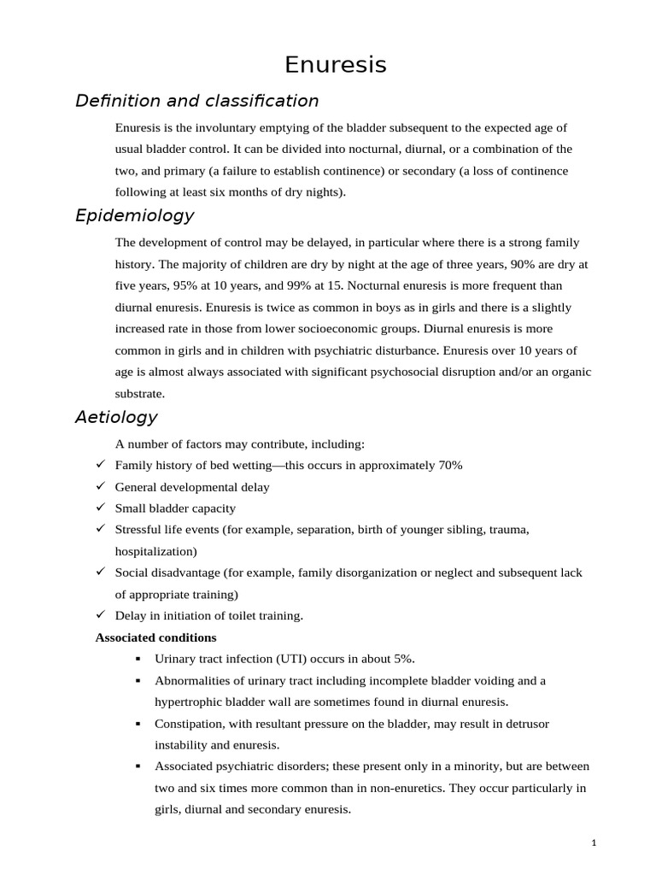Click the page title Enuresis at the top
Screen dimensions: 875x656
[335, 65]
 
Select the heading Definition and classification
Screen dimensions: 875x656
[196, 101]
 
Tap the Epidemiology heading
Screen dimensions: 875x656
[134, 215]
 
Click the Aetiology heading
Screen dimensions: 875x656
[116, 417]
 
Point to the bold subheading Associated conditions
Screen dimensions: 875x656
[155, 637]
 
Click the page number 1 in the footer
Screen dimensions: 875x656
[594, 843]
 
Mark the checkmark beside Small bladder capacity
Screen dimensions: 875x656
[100, 508]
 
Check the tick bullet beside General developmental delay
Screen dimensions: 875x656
[100, 486]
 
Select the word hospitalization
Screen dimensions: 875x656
[155, 551]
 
